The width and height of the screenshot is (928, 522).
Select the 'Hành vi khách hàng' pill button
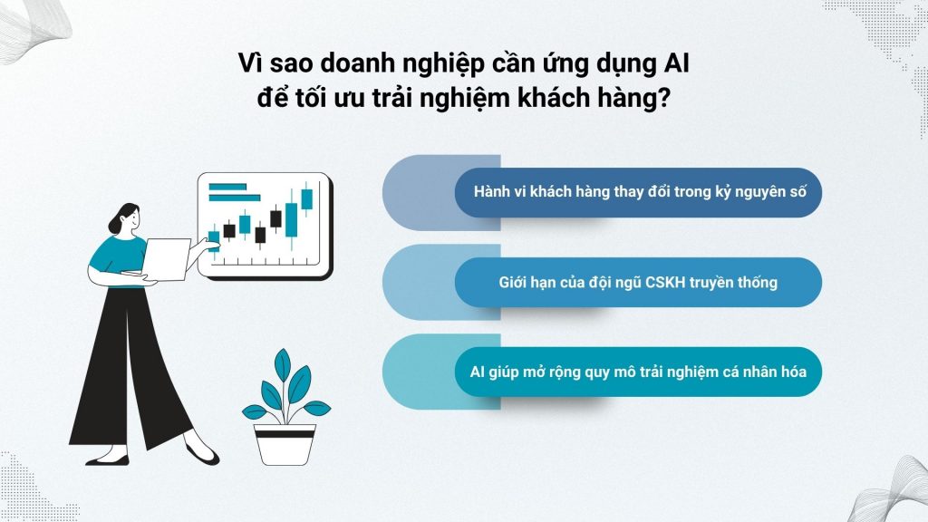click(x=638, y=192)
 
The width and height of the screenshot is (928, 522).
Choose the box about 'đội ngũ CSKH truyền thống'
click(x=638, y=282)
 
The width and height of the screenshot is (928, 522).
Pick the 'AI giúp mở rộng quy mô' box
click(x=638, y=372)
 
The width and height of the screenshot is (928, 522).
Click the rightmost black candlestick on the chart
click(x=275, y=217)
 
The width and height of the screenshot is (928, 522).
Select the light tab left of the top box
click(x=417, y=192)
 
